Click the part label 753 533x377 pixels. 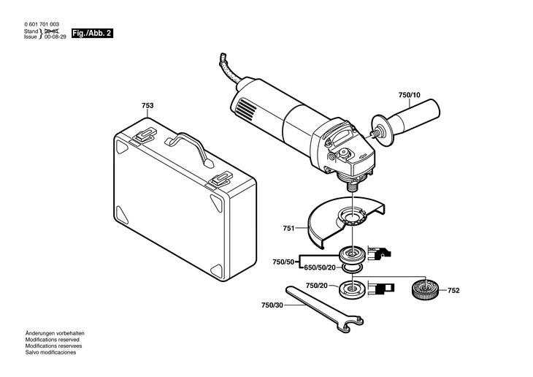147,106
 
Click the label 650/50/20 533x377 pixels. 319,267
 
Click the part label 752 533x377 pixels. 453,290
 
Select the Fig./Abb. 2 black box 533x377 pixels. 91,34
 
